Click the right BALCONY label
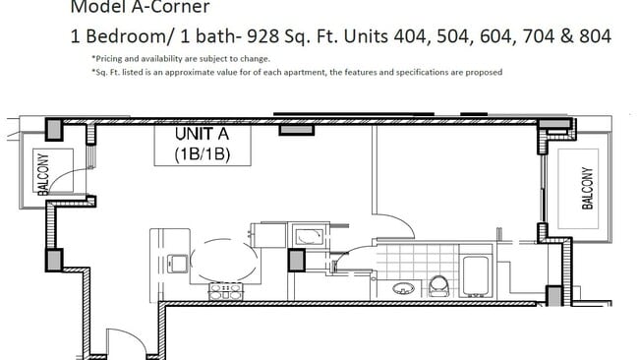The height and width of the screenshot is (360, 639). click(587, 187)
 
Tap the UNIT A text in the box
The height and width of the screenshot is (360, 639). click(203, 134)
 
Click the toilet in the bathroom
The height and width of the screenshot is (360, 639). click(439, 286)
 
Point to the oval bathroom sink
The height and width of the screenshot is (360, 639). click(403, 289)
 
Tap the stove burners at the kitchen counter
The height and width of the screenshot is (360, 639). click(225, 291)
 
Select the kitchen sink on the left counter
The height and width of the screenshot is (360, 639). click(177, 264)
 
